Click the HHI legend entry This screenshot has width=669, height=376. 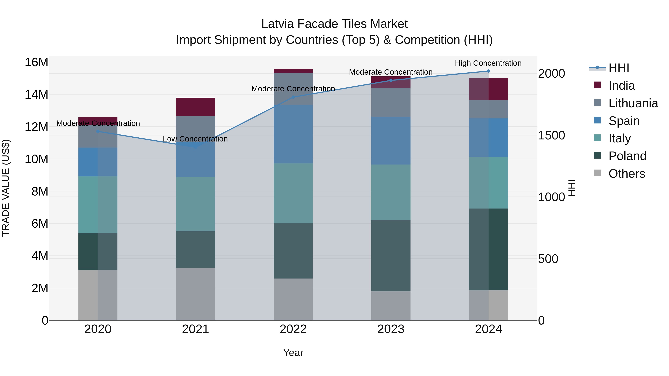pyautogui.click(x=619, y=68)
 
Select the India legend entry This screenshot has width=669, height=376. pyautogui.click(x=621, y=86)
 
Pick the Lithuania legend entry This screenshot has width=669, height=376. pyautogui.click(x=633, y=103)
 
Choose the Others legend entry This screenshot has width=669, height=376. pyautogui.click(x=626, y=174)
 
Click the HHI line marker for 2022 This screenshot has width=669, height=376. pyautogui.click(x=293, y=97)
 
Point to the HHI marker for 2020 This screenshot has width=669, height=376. pyautogui.click(x=98, y=131)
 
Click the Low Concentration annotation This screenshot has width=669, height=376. pyautogui.click(x=195, y=139)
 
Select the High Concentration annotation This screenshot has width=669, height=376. pyautogui.click(x=488, y=63)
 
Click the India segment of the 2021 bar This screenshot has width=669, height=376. pyautogui.click(x=195, y=107)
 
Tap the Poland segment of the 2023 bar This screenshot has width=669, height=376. pyautogui.click(x=391, y=256)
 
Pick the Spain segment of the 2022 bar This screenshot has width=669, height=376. pyautogui.click(x=293, y=134)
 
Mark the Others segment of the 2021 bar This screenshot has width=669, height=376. pyautogui.click(x=195, y=294)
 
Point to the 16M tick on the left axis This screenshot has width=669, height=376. pyautogui.click(x=36, y=62)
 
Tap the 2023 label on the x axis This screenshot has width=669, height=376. pyautogui.click(x=391, y=329)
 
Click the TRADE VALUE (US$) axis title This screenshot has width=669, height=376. pyautogui.click(x=6, y=188)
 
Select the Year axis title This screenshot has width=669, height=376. pyautogui.click(x=293, y=353)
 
